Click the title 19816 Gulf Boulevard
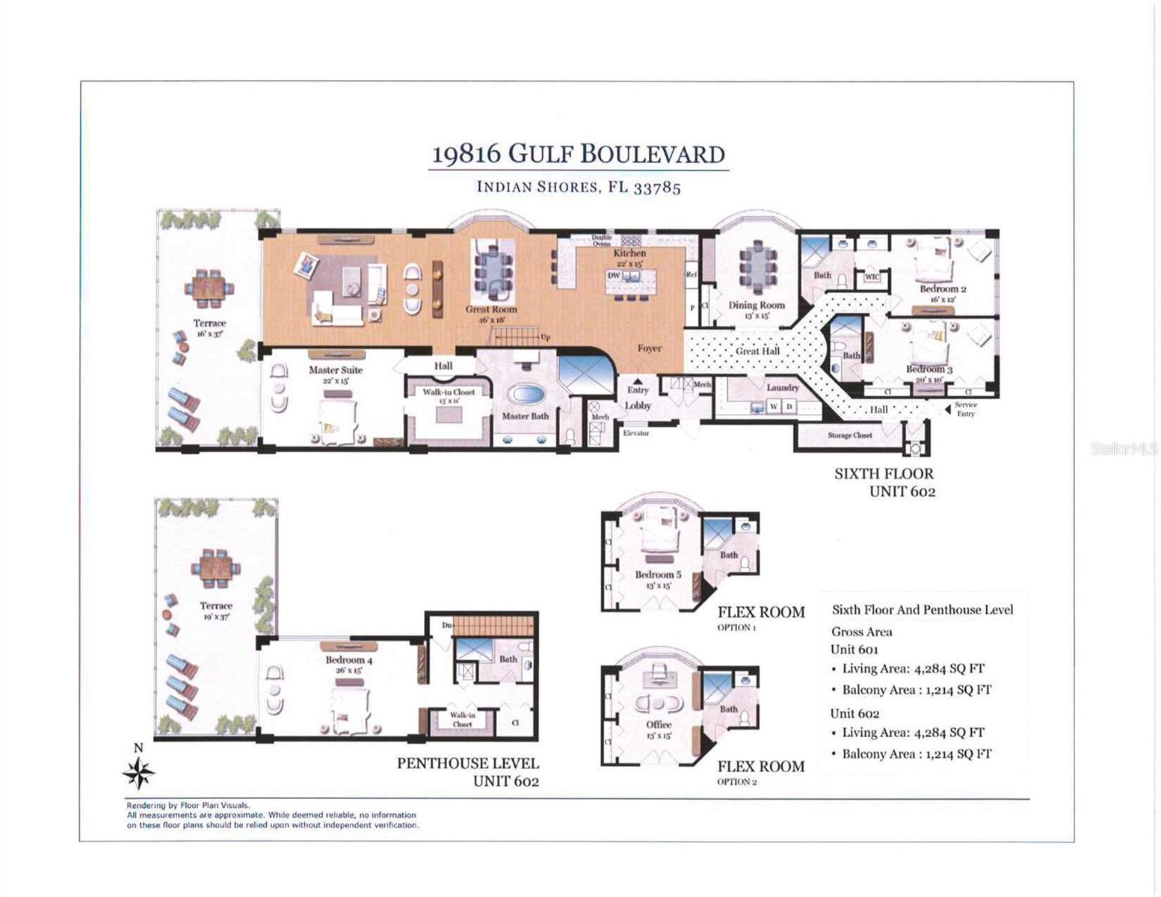click(x=579, y=154)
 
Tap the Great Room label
click(x=491, y=309)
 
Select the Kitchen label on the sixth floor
click(x=629, y=253)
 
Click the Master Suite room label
click(x=336, y=370)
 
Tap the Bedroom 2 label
click(x=943, y=289)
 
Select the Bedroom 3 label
click(x=929, y=369)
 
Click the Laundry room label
click(x=782, y=387)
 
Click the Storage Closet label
click(x=849, y=435)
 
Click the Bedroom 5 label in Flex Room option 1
click(x=658, y=575)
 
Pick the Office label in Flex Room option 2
click(x=659, y=724)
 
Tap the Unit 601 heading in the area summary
click(x=854, y=650)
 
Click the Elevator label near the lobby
click(x=636, y=433)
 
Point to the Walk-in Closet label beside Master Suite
click(x=449, y=392)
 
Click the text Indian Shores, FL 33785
click(x=579, y=187)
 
